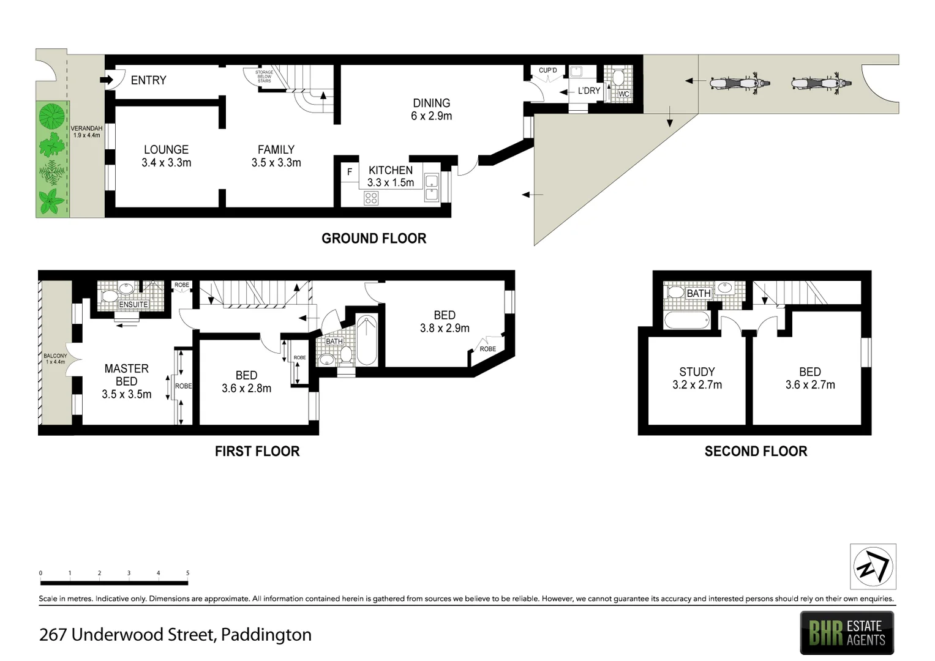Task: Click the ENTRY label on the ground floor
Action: coord(148,80)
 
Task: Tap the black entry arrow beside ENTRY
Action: coord(108,80)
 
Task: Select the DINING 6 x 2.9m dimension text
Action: coord(431,116)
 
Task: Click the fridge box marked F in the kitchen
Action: coord(350,172)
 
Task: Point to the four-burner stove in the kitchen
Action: coord(371,198)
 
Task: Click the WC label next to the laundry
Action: coord(623,94)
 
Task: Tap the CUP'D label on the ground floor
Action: coord(547,70)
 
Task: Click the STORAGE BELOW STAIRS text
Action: coord(264,77)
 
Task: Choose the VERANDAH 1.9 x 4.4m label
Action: coord(86,132)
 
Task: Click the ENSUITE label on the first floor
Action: coord(133,304)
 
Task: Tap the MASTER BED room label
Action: coord(126,375)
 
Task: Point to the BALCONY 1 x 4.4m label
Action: coord(55,359)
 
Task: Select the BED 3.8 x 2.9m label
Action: coord(445,322)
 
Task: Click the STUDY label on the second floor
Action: coord(697,372)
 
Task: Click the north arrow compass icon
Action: coord(873,566)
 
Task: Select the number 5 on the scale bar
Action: coord(187,573)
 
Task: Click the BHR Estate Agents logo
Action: coord(847,633)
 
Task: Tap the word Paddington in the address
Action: coord(266,635)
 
